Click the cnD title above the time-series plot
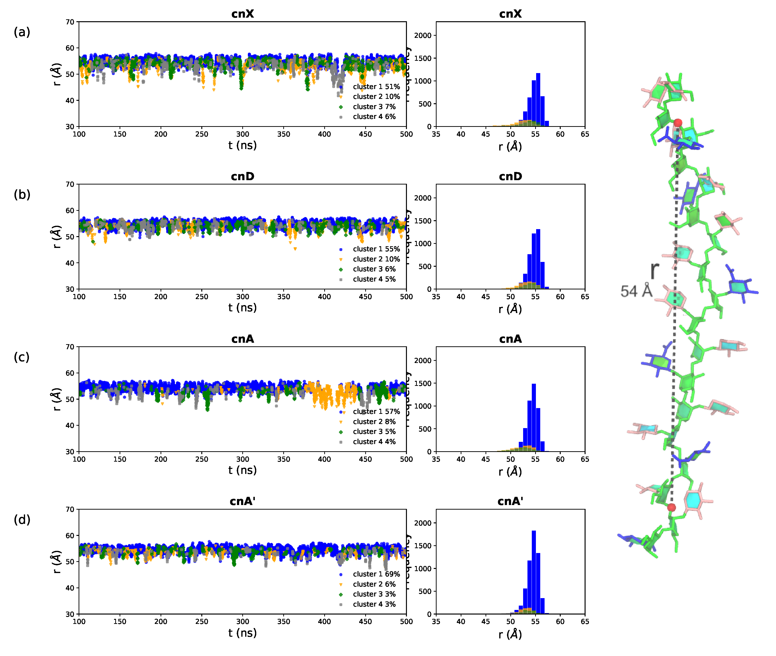(x=242, y=176)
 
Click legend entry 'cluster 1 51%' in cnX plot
(x=376, y=87)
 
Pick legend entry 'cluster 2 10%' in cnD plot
(x=376, y=259)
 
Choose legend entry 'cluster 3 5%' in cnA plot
(x=374, y=431)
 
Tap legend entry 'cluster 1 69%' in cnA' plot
(x=376, y=574)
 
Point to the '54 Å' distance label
(x=636, y=291)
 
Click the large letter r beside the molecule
(x=655, y=270)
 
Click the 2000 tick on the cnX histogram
(x=423, y=35)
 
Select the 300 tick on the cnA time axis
(x=242, y=459)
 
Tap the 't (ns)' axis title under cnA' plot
(x=242, y=633)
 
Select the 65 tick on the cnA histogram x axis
(x=585, y=459)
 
